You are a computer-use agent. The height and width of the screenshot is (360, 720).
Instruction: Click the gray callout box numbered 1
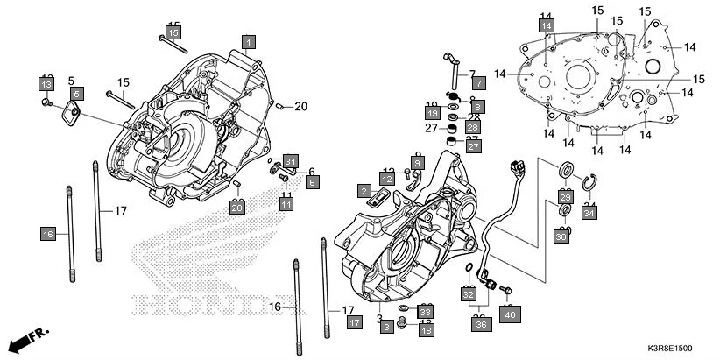(249, 42)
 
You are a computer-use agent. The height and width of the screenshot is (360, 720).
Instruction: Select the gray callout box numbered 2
(363, 191)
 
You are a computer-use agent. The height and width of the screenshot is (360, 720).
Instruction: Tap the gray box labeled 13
(45, 84)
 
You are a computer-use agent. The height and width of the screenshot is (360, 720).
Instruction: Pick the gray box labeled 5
(77, 94)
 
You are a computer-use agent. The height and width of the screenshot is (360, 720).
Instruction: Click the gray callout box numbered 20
(236, 208)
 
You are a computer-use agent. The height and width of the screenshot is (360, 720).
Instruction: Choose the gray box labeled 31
(291, 161)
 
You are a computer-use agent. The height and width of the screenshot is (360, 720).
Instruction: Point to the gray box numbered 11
(286, 203)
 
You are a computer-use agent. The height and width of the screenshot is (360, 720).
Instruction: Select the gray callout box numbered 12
(385, 178)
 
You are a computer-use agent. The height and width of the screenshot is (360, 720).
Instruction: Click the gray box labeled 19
(433, 113)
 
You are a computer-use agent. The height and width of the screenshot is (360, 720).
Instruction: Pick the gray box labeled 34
(589, 213)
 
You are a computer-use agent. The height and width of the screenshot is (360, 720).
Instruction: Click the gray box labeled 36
(480, 324)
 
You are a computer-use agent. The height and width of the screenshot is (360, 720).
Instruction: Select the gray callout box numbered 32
(468, 295)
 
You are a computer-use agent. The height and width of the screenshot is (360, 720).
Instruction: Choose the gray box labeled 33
(425, 312)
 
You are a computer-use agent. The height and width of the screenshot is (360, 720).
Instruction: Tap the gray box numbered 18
(425, 330)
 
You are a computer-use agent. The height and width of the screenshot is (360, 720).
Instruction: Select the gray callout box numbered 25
(566, 197)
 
